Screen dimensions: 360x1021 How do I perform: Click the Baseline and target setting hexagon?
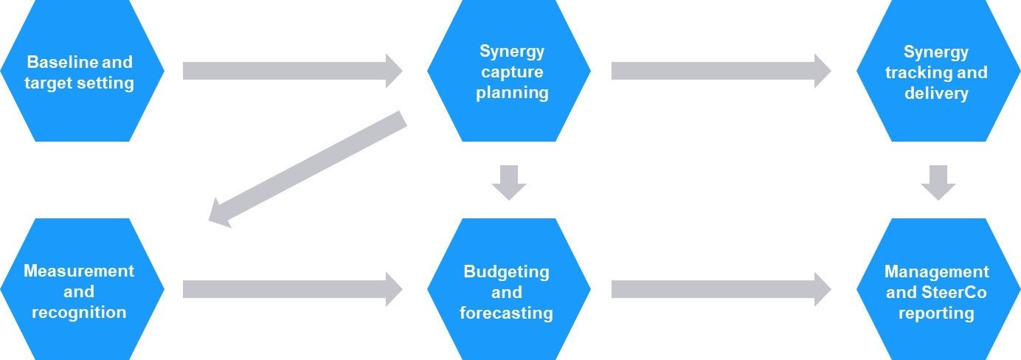tap(81, 72)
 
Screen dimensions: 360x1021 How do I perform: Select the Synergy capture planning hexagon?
tap(509, 72)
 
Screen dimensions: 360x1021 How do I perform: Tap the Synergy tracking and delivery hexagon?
tap(937, 72)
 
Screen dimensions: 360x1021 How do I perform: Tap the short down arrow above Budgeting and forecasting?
tap(509, 182)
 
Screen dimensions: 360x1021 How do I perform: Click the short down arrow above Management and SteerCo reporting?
tap(938, 182)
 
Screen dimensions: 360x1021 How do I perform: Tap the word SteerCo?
tap(951, 293)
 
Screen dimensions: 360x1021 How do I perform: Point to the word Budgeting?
tap(506, 271)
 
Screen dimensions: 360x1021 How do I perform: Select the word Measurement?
tap(79, 271)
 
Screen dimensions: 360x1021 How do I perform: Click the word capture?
tap(512, 72)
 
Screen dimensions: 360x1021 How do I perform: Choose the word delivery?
tap(936, 94)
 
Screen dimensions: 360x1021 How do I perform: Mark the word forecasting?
tap(506, 313)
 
